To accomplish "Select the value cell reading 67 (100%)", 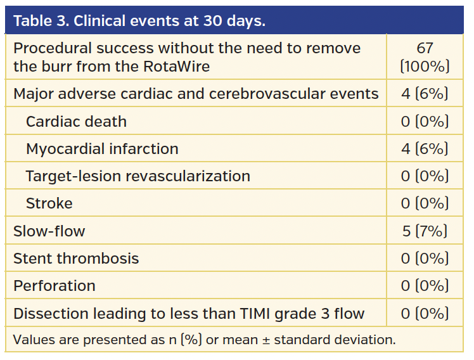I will [x=425, y=57].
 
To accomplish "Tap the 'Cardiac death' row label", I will [x=76, y=121].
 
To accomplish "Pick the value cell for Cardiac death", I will [x=425, y=121].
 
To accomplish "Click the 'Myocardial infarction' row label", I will [x=102, y=149].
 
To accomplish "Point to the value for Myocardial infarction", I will [x=425, y=149].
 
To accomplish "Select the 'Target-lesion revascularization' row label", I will [x=138, y=176].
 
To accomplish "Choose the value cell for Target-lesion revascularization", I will [x=425, y=176].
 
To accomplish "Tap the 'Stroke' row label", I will [x=49, y=203].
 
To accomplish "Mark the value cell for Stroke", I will [x=425, y=203].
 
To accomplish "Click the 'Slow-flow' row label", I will [x=49, y=231].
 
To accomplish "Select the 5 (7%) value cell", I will [x=425, y=231].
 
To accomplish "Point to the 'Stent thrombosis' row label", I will [x=76, y=259].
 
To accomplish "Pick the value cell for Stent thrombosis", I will [x=425, y=259].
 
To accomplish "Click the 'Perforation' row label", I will [x=54, y=286].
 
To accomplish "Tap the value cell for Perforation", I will [x=425, y=286].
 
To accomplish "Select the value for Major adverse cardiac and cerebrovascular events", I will [x=425, y=94].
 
